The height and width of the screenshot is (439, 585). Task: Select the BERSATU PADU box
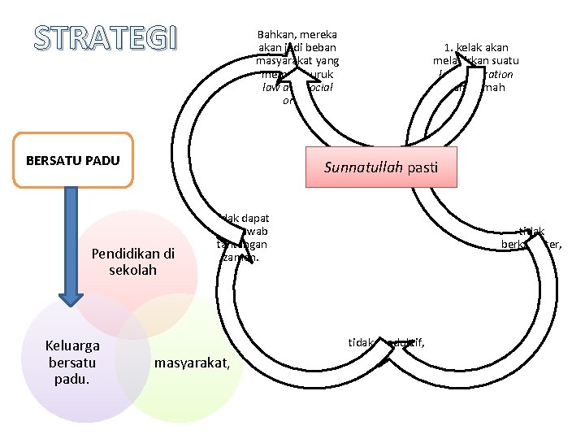pos(73,160)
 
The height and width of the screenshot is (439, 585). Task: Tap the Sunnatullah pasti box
pos(381,167)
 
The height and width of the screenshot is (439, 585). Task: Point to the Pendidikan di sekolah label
pos(132,261)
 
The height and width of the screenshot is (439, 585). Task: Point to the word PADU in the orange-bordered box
pos(102,160)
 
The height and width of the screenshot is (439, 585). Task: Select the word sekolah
pos(132,269)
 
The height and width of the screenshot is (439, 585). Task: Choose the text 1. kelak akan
pos(476,47)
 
